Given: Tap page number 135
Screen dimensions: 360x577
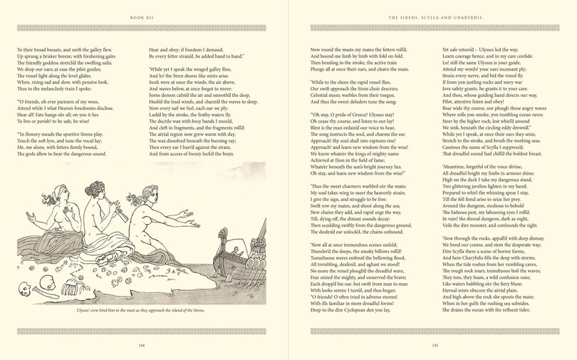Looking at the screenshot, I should click(x=433, y=346).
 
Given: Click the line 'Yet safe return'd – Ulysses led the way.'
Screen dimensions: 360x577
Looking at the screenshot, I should click(x=487, y=49).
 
